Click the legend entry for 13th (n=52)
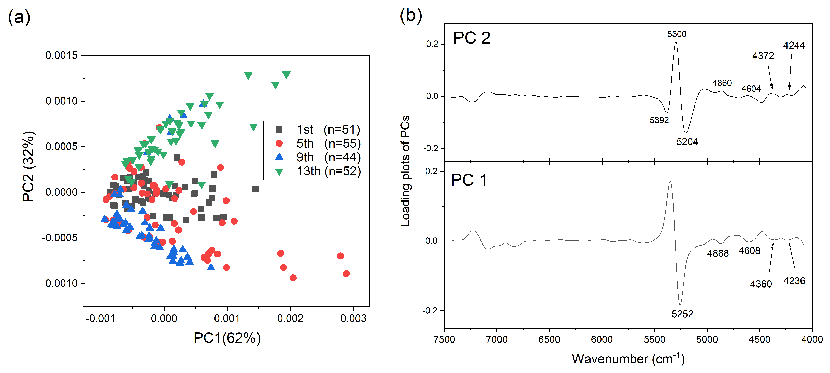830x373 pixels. pos(328,171)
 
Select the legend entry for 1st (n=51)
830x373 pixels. pos(328,130)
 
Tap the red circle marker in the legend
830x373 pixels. pos(279,143)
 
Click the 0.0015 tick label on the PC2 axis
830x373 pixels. pos(61,55)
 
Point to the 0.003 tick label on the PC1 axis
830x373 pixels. pos(353,319)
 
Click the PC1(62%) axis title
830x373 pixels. pos(227,338)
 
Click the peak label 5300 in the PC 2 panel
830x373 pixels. pos(677,34)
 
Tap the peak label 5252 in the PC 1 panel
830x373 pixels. pos(682,314)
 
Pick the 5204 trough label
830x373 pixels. pos(687,142)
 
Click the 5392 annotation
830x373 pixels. pos(659,120)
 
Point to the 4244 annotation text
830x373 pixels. pos(794,46)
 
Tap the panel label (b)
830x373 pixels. pos(410,15)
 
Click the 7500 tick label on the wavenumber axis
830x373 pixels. pos(444,339)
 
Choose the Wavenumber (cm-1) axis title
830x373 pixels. pos(628,359)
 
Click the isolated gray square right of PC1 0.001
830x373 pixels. pos(255,189)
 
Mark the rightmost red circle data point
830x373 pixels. pos(346,274)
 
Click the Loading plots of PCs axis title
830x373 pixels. pos(405,171)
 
